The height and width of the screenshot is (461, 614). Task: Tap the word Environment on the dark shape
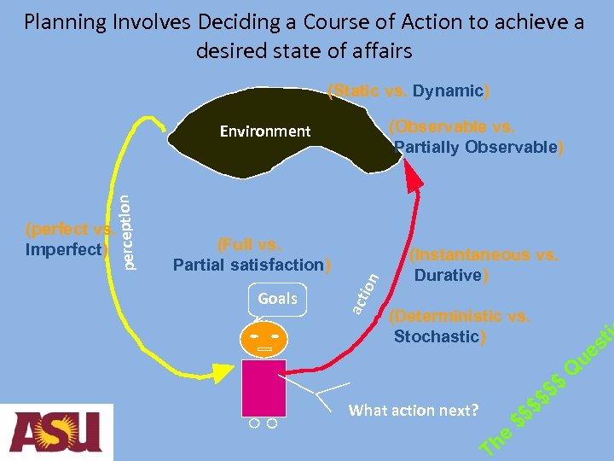265,131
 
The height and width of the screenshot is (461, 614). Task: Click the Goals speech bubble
277,299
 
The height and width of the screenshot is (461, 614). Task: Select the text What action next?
414,411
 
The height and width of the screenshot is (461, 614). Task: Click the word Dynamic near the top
448,90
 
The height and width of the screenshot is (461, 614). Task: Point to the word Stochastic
436,336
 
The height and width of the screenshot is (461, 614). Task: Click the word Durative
448,275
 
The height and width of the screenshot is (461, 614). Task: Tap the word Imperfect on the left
64,249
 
